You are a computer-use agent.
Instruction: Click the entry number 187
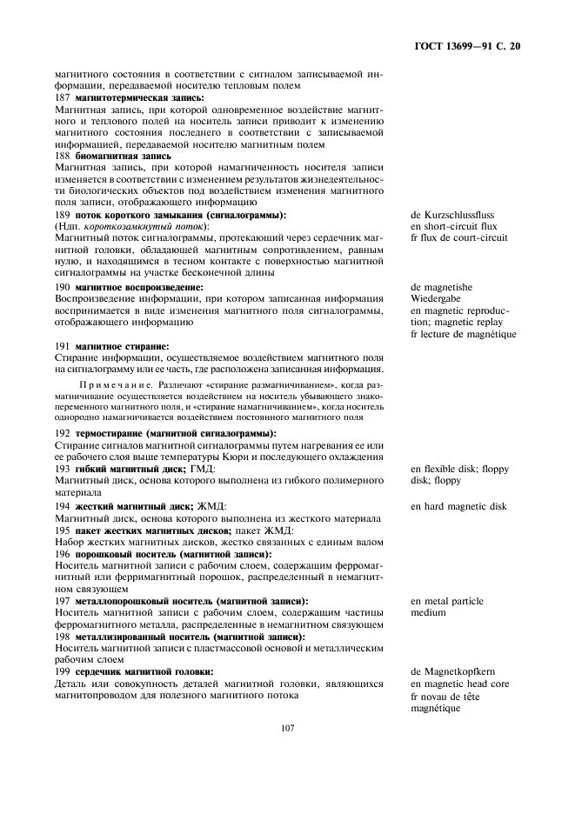pyautogui.click(x=62, y=98)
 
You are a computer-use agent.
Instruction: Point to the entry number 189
pyautogui.click(x=62, y=215)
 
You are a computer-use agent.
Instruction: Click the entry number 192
pyautogui.click(x=62, y=433)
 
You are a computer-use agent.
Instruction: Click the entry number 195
pyautogui.click(x=62, y=530)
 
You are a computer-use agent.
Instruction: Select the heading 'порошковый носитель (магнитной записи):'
pyautogui.click(x=173, y=554)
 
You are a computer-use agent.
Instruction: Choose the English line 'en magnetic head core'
pyautogui.click(x=460, y=684)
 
